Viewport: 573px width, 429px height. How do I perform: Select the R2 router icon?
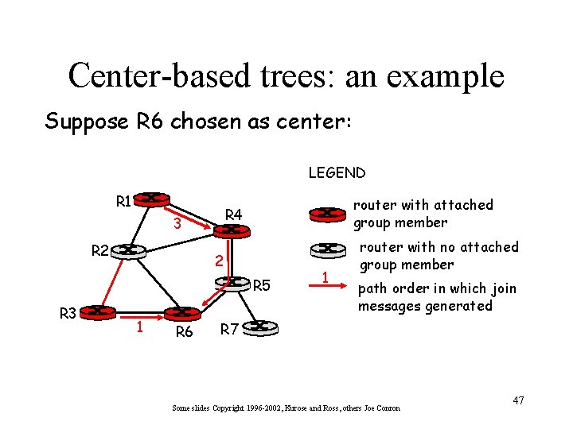pyautogui.click(x=127, y=251)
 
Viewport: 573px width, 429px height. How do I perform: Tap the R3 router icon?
pyautogui.click(x=99, y=312)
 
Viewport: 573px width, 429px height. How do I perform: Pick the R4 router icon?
pyautogui.click(x=232, y=230)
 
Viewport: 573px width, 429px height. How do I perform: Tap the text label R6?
pyautogui.click(x=184, y=333)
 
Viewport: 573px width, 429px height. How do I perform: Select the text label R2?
pyautogui.click(x=99, y=251)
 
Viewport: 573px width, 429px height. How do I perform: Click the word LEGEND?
pyautogui.click(x=337, y=172)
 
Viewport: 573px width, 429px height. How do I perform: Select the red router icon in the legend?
pyautogui.click(x=325, y=213)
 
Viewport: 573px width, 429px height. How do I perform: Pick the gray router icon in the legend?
pyautogui.click(x=325, y=249)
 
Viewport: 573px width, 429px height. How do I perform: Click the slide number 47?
pyautogui.click(x=518, y=400)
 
